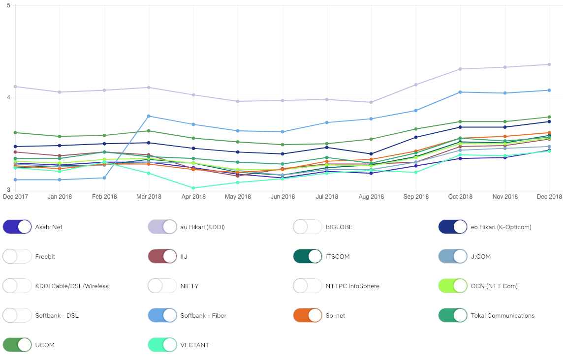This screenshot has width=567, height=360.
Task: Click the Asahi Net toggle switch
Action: (x=17, y=227)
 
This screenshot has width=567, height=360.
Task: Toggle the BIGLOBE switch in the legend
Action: (x=308, y=227)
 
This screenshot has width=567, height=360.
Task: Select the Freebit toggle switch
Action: (x=17, y=256)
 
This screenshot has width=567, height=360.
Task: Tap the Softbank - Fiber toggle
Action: (x=162, y=315)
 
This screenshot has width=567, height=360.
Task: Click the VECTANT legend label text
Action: (x=194, y=345)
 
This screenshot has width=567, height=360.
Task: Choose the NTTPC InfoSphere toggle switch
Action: (x=308, y=286)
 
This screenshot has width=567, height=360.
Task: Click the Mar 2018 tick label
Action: (x=149, y=197)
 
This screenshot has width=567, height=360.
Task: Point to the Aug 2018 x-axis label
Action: (x=371, y=197)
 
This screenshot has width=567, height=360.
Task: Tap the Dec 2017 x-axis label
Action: (x=15, y=197)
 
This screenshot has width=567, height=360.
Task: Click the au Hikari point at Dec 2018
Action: (x=549, y=64)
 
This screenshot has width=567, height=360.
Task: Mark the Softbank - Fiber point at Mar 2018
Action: (x=149, y=116)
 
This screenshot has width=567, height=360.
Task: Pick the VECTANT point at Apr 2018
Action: (x=193, y=188)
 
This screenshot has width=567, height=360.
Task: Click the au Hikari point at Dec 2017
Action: (x=15, y=87)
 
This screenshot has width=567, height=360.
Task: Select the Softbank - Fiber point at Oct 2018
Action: (x=460, y=92)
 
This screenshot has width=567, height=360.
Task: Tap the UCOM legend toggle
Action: (x=17, y=345)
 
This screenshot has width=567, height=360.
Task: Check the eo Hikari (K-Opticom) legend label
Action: (x=507, y=227)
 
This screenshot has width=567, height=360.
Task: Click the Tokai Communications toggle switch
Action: (x=453, y=315)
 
